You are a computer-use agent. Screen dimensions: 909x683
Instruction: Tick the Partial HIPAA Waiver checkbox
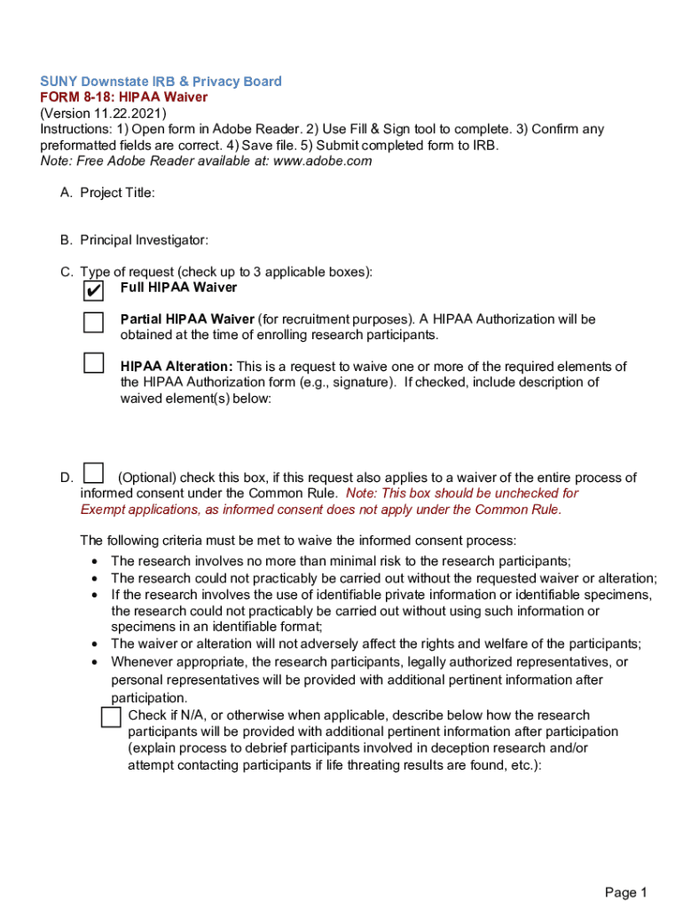(x=94, y=321)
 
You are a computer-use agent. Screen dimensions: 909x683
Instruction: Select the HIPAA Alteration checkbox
(x=94, y=362)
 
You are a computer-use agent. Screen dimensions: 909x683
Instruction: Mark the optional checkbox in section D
(x=93, y=473)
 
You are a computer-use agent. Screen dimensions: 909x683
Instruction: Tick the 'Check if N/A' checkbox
(x=111, y=716)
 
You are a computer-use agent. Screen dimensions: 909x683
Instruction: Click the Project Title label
(x=117, y=193)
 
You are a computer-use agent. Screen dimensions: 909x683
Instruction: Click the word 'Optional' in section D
(x=145, y=478)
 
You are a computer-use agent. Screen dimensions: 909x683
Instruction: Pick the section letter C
(x=66, y=272)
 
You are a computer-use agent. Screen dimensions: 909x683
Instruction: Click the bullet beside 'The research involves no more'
(x=95, y=561)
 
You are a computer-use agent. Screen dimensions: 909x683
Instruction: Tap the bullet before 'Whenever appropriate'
(x=95, y=662)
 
